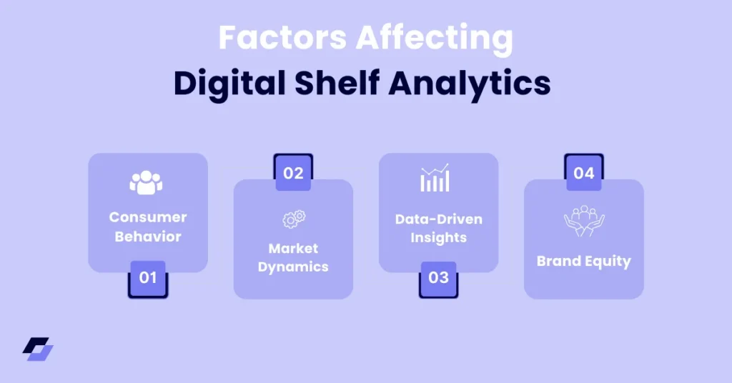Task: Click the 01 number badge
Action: (x=148, y=278)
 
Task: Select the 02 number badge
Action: (x=293, y=173)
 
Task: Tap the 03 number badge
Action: (x=438, y=278)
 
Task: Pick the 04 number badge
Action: (x=584, y=173)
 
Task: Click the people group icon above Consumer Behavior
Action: (x=147, y=182)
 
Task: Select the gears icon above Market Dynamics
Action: (x=293, y=219)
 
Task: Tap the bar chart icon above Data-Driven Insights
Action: (x=435, y=179)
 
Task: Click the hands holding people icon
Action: (x=584, y=221)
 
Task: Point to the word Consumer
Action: (x=148, y=217)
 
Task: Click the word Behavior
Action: (x=148, y=236)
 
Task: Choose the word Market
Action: (x=293, y=249)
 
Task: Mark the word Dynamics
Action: (x=293, y=267)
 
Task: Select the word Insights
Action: (x=438, y=238)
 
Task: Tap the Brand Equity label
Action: (x=584, y=261)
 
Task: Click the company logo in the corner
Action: (x=38, y=349)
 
